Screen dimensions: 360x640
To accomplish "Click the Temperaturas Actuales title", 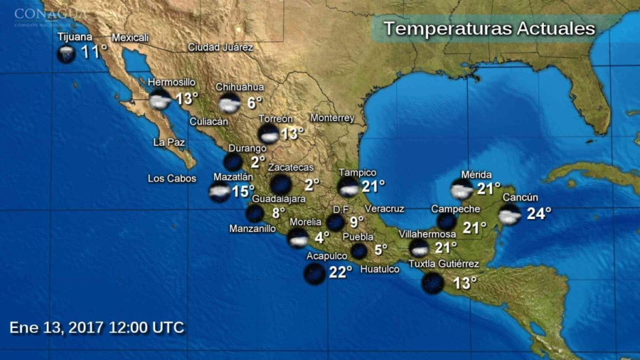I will click(489, 29).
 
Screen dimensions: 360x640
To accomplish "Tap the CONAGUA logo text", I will click(50, 14).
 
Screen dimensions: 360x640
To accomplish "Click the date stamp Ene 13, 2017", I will click(97, 327).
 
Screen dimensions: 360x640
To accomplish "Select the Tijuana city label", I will click(75, 37).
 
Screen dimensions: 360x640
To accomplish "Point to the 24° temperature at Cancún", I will click(539, 214).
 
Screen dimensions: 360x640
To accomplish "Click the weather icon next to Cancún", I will click(510, 215).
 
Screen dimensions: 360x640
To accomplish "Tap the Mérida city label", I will click(476, 175).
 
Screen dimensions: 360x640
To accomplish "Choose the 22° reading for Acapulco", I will click(340, 272).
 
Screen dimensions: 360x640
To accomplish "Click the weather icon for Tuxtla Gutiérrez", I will click(433, 282).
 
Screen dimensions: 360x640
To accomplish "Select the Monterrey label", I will click(332, 118).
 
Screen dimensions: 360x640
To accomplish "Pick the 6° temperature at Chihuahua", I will click(255, 103).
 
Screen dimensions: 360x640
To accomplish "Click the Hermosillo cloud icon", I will click(160, 100).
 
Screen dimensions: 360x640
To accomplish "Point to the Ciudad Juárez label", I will click(221, 48).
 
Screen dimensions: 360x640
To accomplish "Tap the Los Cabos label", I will click(172, 179).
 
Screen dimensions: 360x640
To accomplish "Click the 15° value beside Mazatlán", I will click(243, 192).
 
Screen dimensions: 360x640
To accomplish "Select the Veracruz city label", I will click(384, 208).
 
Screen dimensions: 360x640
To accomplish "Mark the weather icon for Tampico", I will click(349, 186).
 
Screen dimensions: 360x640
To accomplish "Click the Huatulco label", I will click(379, 269).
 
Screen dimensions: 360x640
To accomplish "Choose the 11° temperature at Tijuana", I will click(94, 51).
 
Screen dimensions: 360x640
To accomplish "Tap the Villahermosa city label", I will click(427, 234).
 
